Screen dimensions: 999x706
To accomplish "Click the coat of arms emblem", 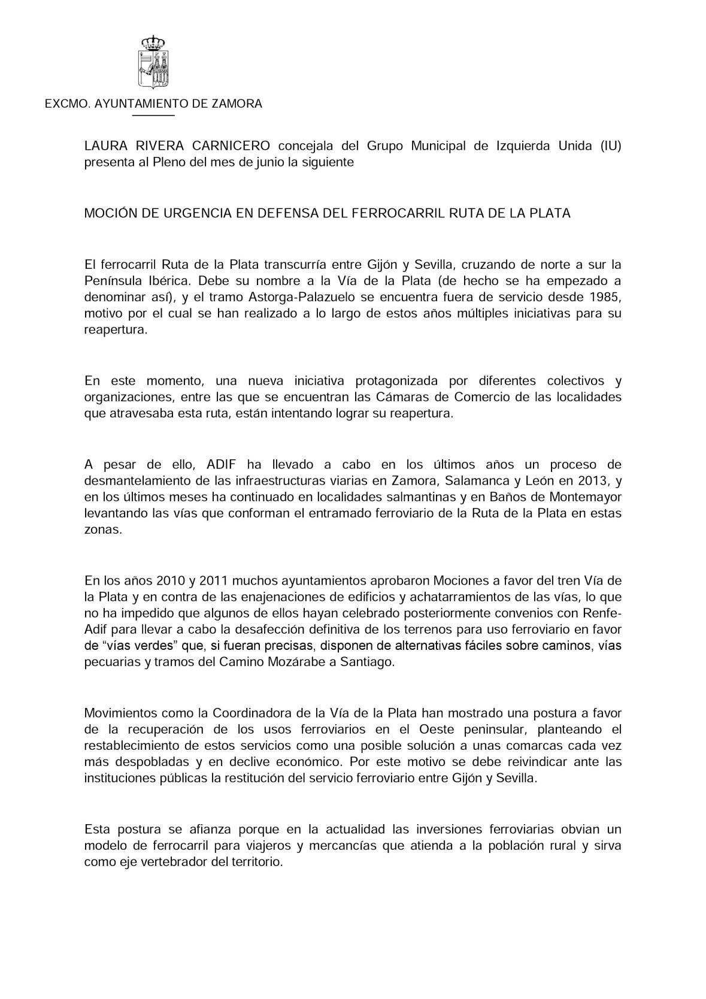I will point(153,62).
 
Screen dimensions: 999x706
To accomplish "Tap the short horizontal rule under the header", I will point(153,115).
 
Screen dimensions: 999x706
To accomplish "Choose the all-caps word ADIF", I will point(223,464).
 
